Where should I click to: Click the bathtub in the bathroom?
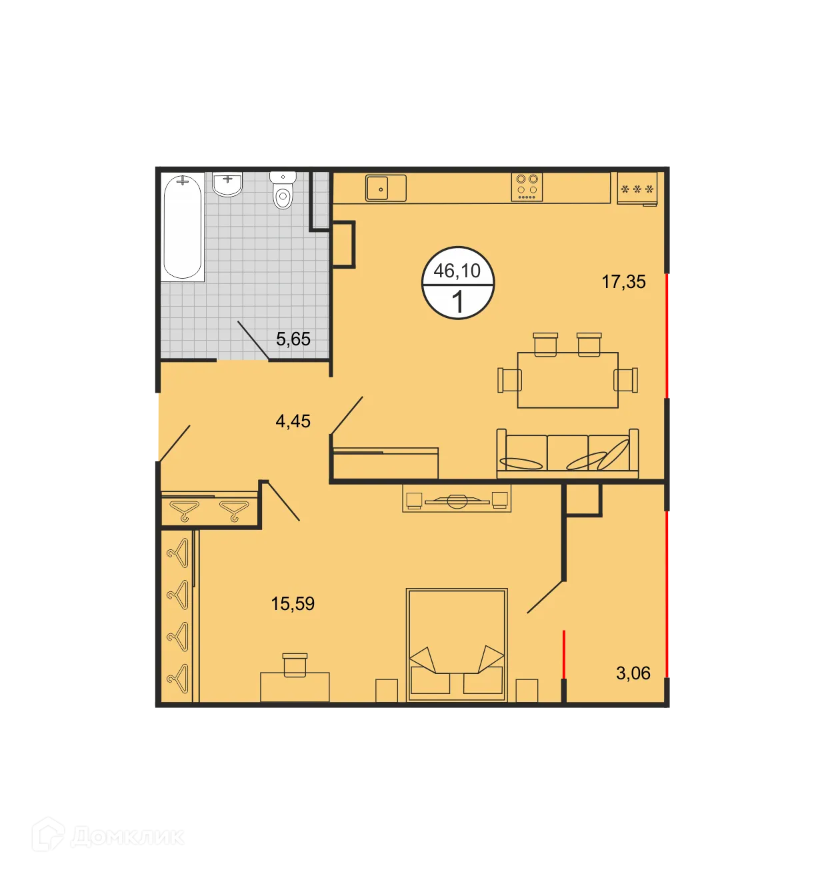(182, 227)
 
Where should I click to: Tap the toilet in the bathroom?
(283, 191)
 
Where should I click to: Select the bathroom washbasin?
(227, 184)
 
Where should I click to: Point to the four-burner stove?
(527, 187)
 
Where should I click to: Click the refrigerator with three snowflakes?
(637, 189)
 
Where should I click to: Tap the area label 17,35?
(623, 282)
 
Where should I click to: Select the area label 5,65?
(293, 339)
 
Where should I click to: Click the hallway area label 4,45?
(293, 421)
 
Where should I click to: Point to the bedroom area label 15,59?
(293, 604)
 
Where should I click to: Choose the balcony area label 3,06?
(633, 673)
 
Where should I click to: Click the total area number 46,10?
(457, 271)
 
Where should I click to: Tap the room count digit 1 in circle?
(457, 302)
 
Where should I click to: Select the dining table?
(567, 380)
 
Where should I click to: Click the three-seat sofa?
(567, 454)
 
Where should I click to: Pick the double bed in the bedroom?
(457, 644)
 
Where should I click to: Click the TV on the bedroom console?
(457, 501)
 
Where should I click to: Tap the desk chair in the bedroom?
(295, 665)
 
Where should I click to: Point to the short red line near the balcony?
(564, 654)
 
